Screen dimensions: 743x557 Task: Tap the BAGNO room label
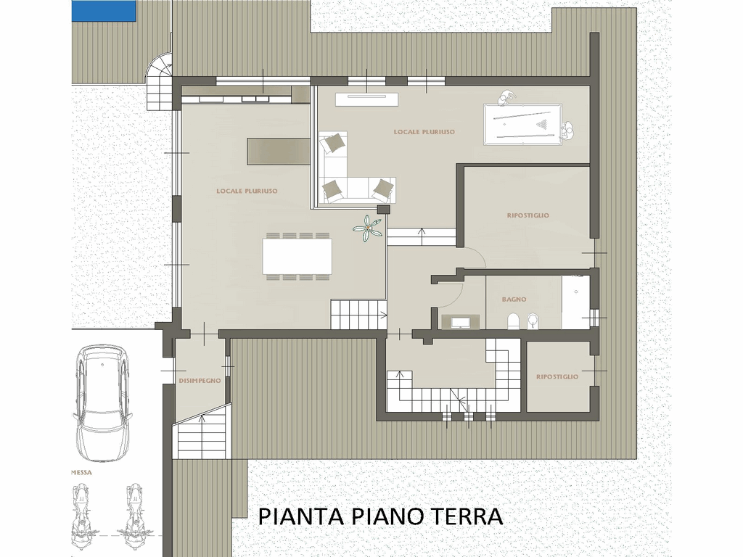point(514,300)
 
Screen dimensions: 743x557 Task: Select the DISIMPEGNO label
point(200,380)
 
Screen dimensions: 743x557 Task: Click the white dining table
point(297,256)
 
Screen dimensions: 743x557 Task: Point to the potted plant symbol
point(367,228)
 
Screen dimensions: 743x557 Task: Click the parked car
point(102,402)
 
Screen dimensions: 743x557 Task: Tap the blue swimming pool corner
point(104,10)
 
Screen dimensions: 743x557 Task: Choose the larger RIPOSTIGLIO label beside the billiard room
point(528,215)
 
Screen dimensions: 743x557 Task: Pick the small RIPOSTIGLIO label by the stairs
point(557,377)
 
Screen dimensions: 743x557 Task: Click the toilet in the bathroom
point(513,321)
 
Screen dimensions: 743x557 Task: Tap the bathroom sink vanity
point(460,322)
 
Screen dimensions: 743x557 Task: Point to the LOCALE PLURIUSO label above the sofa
point(424,132)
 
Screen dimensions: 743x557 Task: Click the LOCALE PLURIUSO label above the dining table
point(247,191)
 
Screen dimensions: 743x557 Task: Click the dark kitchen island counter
point(278,151)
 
